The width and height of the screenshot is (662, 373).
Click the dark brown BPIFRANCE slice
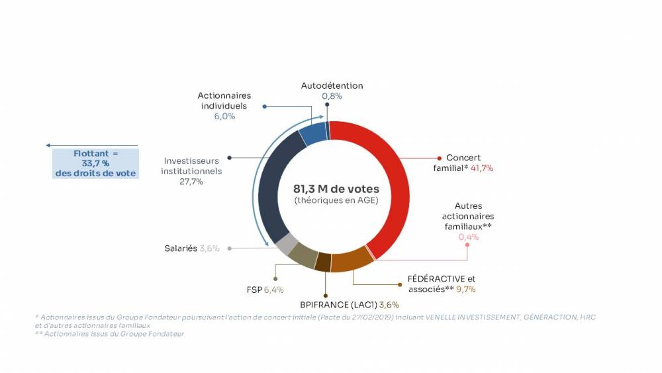[323, 263]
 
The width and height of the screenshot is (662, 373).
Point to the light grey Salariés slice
[286, 244]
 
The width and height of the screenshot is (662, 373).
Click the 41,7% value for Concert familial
[482, 168]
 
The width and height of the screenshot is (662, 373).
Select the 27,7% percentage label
[191, 182]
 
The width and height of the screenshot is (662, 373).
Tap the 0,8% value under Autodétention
[332, 96]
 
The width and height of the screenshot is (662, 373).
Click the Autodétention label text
[332, 85]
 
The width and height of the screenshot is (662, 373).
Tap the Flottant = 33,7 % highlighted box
[96, 164]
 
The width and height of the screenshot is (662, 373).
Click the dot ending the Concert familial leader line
[439, 158]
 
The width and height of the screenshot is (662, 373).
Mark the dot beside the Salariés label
[228, 248]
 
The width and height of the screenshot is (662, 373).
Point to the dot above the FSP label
[275, 278]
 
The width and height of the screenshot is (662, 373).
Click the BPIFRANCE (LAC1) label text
[338, 304]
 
